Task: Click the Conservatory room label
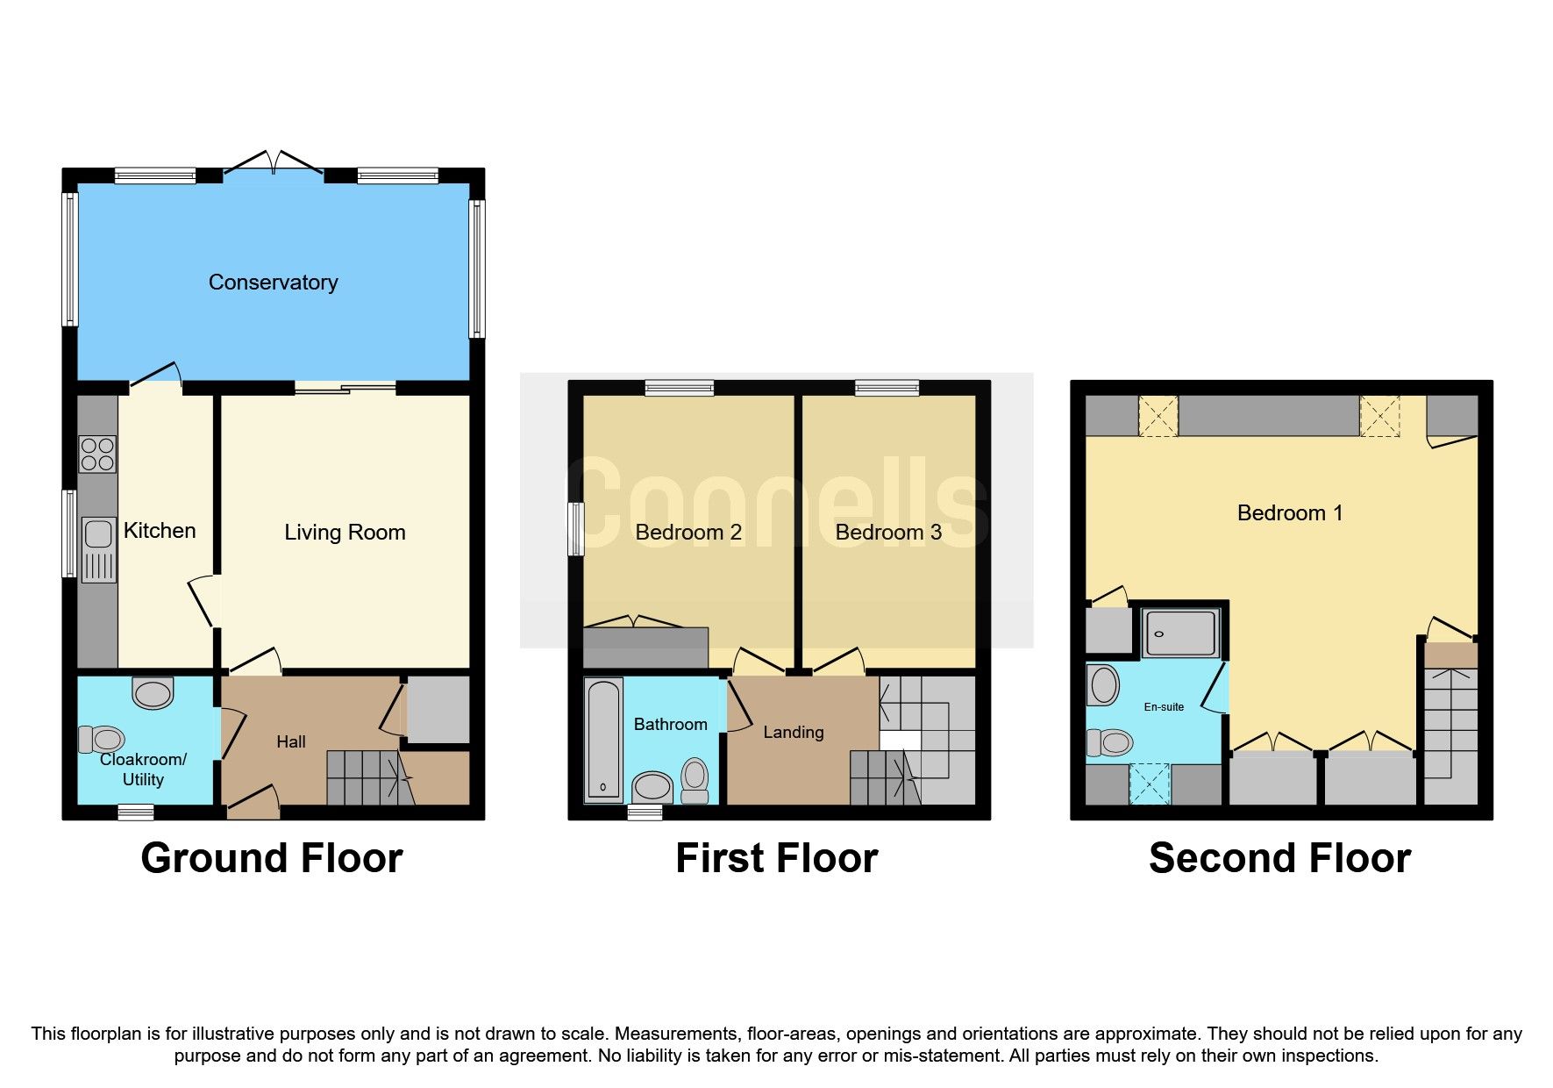(x=273, y=283)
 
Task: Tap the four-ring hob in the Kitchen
(x=97, y=455)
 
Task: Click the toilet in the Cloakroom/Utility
(x=102, y=739)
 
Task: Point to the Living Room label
(x=345, y=533)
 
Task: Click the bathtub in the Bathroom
(x=603, y=740)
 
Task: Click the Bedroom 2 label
(x=688, y=533)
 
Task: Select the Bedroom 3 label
(x=888, y=533)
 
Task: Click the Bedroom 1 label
(x=1289, y=513)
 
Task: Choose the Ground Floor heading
(x=272, y=858)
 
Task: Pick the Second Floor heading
(x=1279, y=858)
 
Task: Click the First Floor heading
(x=776, y=858)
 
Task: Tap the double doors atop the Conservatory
(x=274, y=163)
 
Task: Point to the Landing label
(x=793, y=733)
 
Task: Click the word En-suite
(x=1164, y=707)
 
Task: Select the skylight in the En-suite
(x=1150, y=784)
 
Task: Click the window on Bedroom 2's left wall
(x=576, y=529)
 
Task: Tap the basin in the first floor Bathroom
(x=652, y=786)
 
